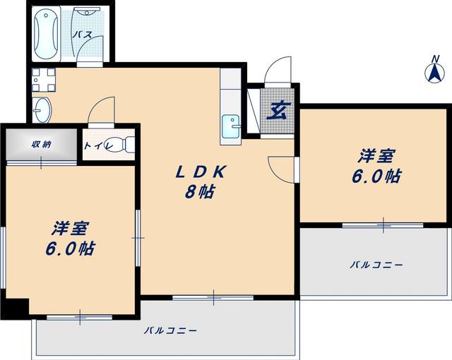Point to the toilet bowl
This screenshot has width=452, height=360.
click(x=124, y=144)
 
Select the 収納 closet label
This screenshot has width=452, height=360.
click(x=40, y=144)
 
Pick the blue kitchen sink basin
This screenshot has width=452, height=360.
click(x=231, y=126)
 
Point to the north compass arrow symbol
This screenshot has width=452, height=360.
click(x=433, y=71)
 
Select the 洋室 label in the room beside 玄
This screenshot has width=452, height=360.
click(x=375, y=156)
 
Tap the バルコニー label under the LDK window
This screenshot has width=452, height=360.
click(x=169, y=330)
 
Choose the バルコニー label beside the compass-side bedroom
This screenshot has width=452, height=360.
click(x=375, y=265)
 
